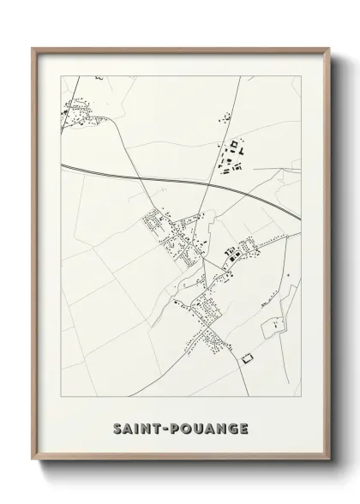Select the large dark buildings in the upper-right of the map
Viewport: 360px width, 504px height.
[232, 155]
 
